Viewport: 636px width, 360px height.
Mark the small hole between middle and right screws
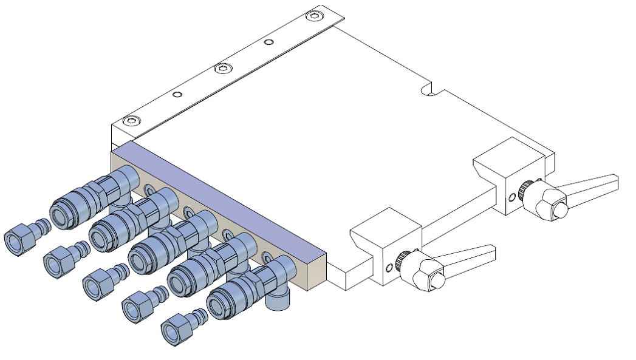269,42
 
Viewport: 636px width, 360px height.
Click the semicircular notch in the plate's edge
429,92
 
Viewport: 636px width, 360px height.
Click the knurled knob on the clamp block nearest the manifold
402,262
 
